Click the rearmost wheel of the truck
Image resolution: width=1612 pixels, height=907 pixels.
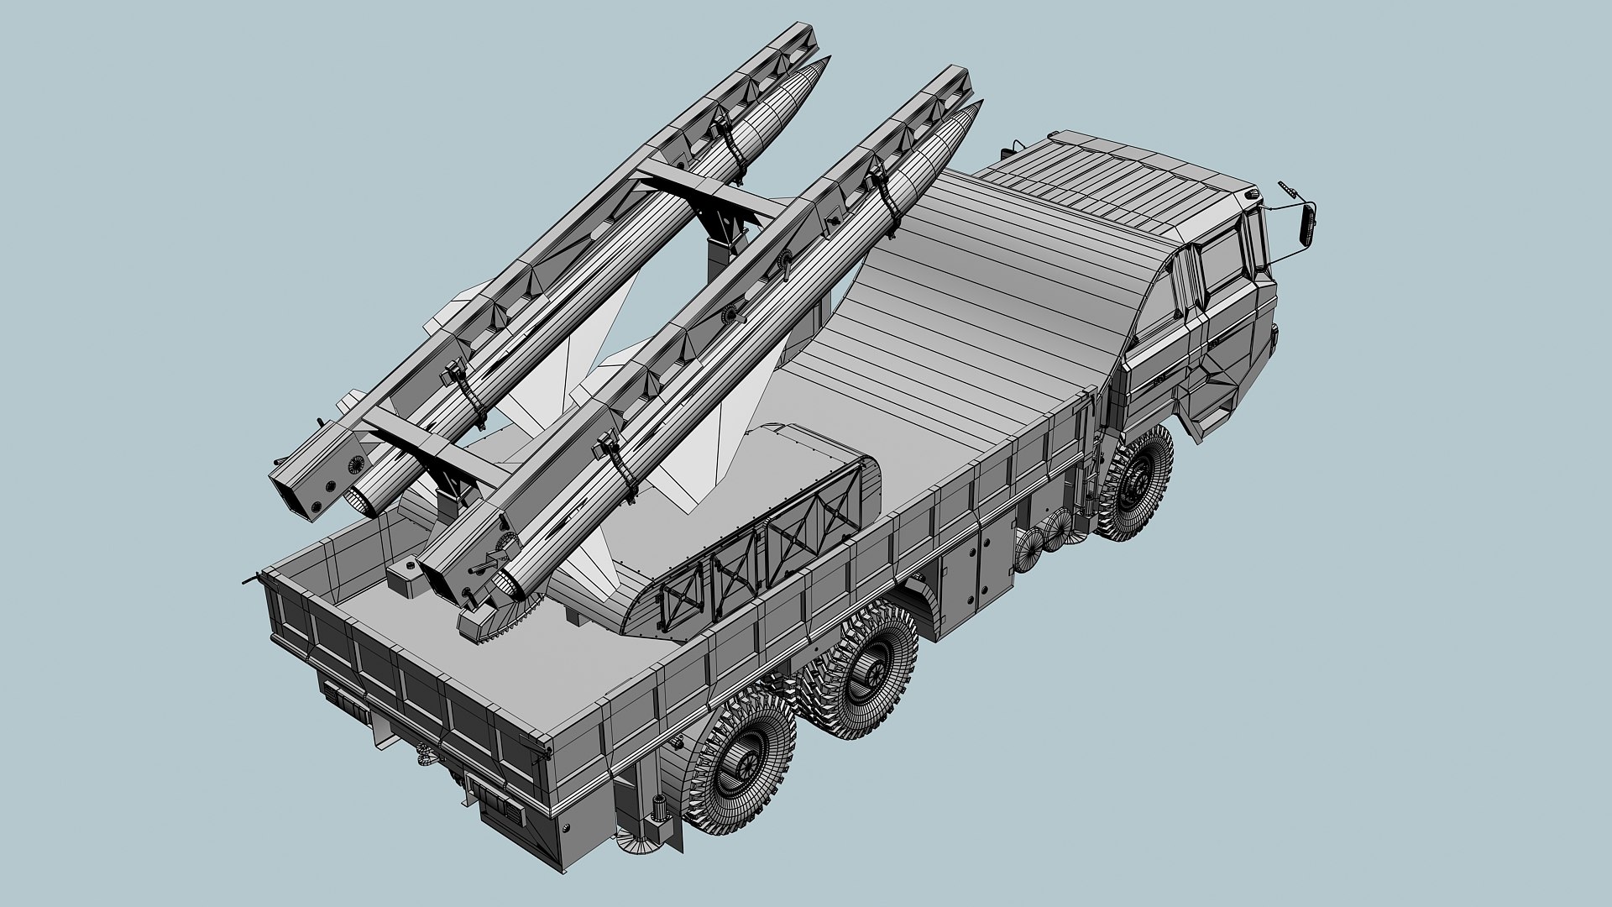pos(742,764)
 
